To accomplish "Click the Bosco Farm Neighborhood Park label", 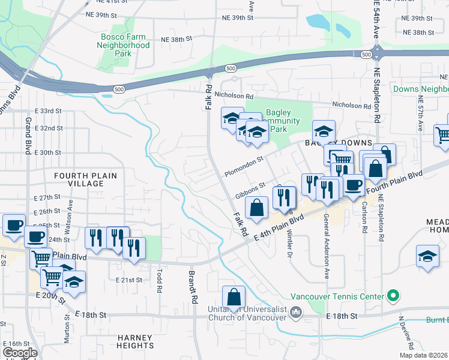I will click(x=123, y=45).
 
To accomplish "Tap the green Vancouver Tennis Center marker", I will click(x=393, y=296).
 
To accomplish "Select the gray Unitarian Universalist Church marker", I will click(x=295, y=312).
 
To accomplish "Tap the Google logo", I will click(x=20, y=352).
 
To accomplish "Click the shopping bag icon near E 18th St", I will click(x=234, y=297).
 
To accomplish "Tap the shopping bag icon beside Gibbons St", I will click(x=256, y=208).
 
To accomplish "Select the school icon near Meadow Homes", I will click(x=427, y=256).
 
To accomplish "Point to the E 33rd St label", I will click(x=48, y=111).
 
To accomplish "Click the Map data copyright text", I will click(x=423, y=355).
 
